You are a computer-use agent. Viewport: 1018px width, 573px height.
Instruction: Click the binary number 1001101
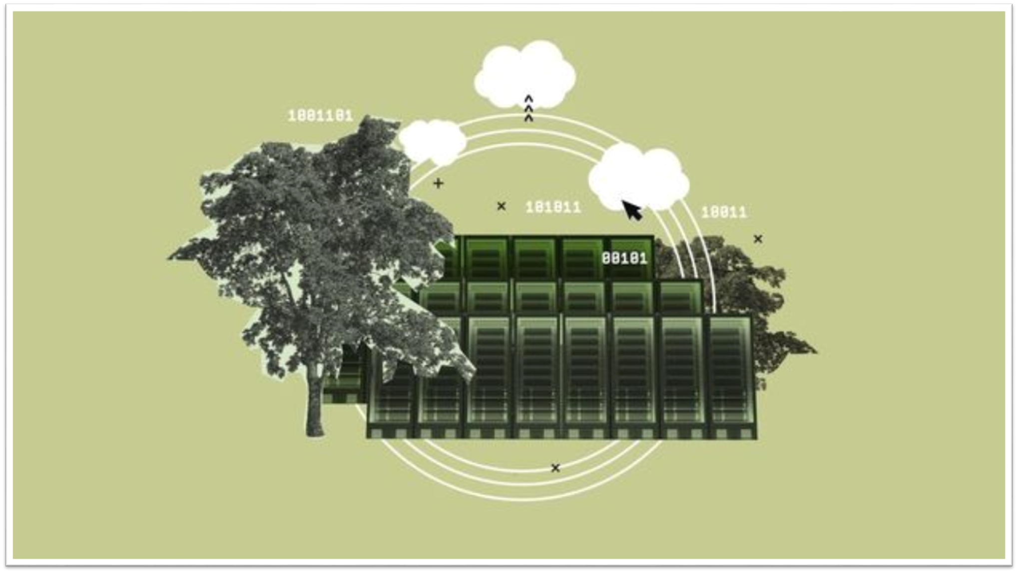click(321, 116)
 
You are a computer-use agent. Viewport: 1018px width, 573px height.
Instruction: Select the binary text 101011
click(553, 207)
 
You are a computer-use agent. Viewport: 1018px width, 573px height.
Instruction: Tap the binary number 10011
click(724, 212)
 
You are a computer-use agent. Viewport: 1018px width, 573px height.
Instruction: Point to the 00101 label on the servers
click(624, 258)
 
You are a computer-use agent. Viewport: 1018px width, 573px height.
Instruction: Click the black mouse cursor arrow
click(631, 210)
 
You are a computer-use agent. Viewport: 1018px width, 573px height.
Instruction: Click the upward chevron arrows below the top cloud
click(528, 108)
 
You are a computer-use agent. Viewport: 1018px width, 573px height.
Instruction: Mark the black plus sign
click(438, 183)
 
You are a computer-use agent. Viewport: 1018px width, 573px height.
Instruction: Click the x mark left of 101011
click(501, 206)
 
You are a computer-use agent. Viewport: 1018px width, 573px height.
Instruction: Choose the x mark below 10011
click(758, 239)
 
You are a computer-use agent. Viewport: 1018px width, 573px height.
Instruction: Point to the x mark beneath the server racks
click(555, 468)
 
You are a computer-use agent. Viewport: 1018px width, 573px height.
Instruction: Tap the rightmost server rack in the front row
click(731, 375)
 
